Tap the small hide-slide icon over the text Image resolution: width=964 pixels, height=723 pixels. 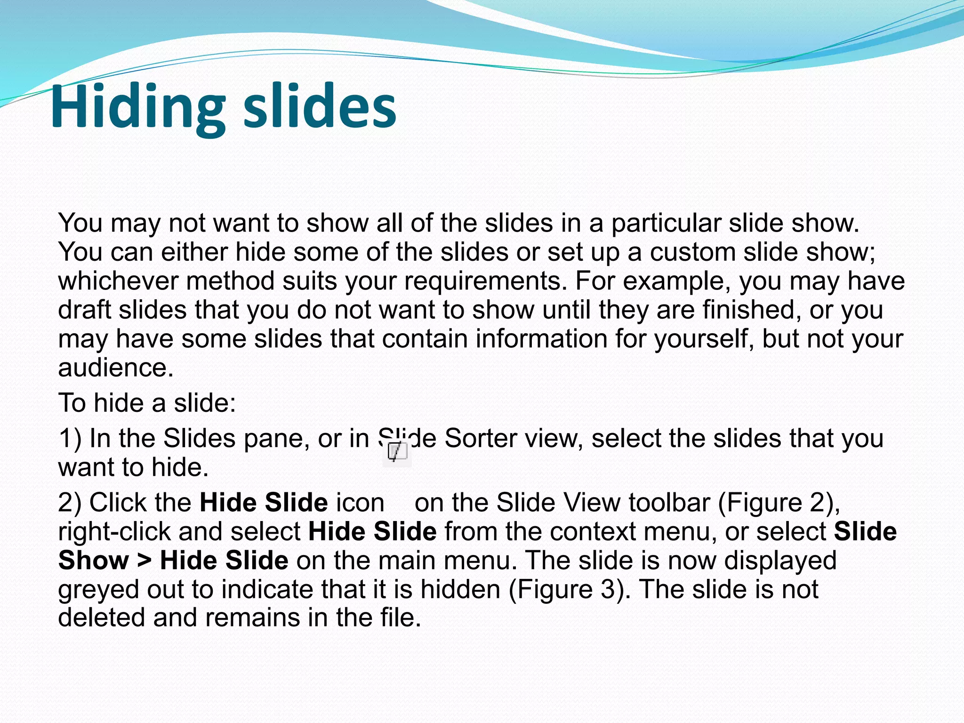pyautogui.click(x=397, y=452)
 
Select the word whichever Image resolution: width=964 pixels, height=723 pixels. pyautogui.click(x=118, y=281)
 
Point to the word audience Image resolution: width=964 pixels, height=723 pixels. pyautogui.click(x=115, y=368)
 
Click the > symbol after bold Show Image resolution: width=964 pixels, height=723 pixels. pyautogui.click(x=145, y=561)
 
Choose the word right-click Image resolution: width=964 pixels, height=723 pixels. pyautogui.click(x=114, y=532)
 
